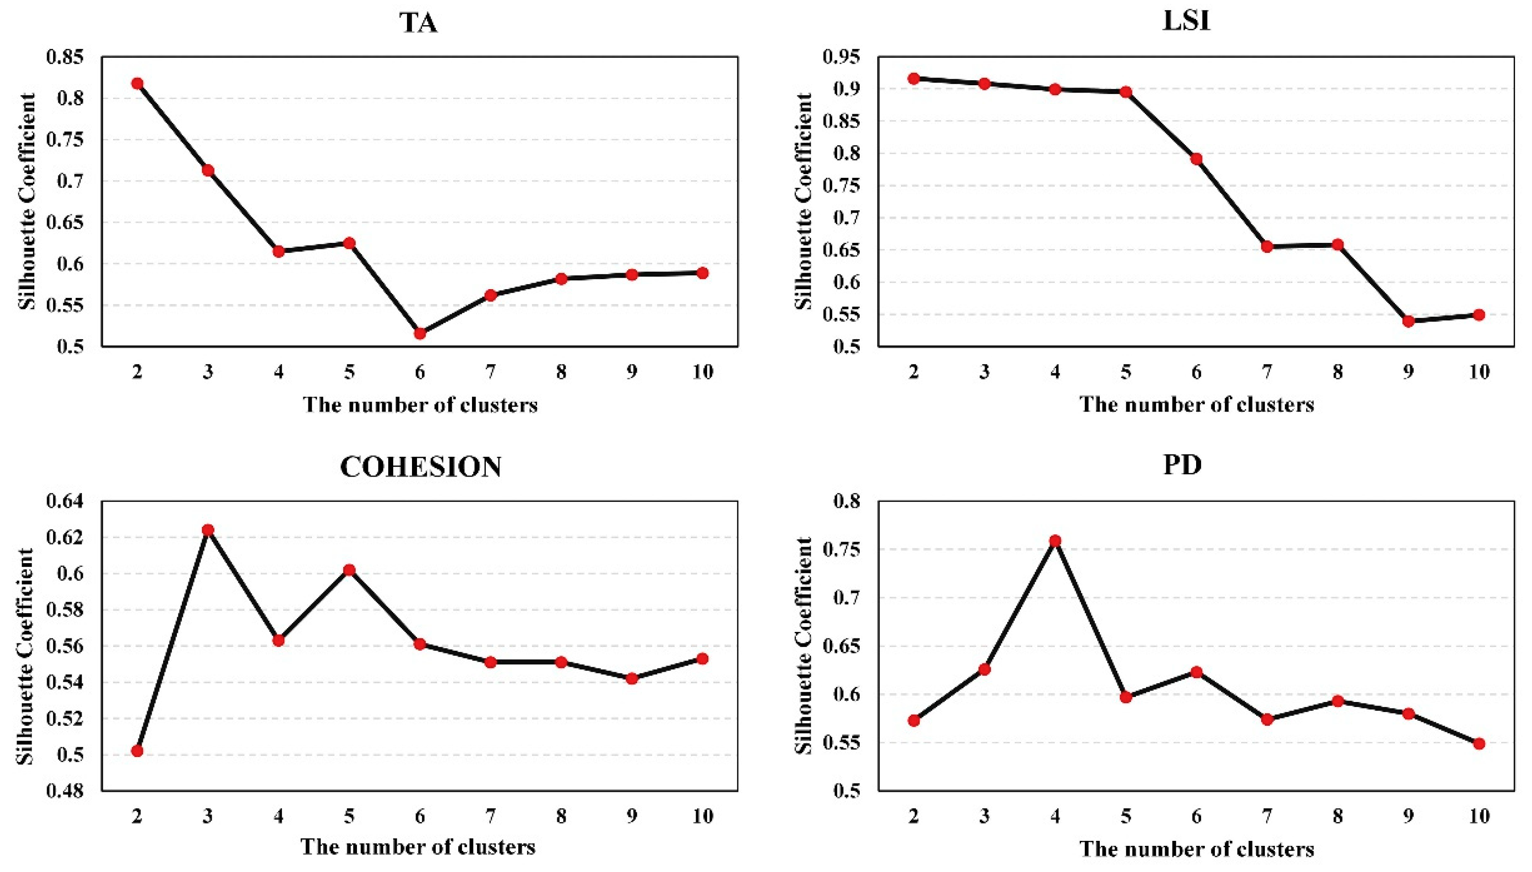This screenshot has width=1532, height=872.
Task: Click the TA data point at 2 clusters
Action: click(x=137, y=83)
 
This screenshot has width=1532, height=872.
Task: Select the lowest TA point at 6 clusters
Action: click(x=420, y=333)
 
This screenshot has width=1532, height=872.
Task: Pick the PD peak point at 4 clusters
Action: click(x=1055, y=541)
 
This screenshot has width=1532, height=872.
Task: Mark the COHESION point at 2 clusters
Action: click(x=137, y=751)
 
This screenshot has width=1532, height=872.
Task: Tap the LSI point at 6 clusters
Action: click(x=1197, y=159)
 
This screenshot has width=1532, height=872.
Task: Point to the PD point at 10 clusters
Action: click(x=1479, y=743)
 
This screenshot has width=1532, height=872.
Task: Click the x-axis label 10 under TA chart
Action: click(x=703, y=372)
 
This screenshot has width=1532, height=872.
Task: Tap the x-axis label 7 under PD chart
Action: click(x=1267, y=816)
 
